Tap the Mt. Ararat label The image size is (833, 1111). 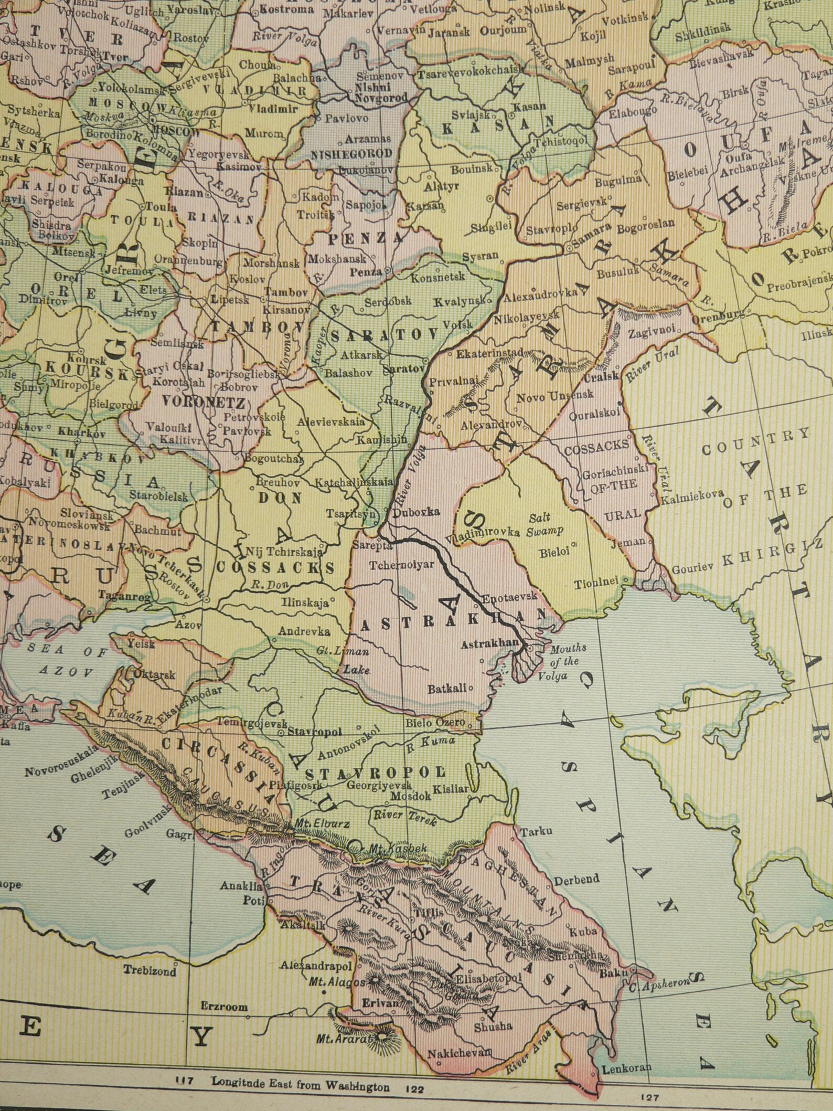[343, 1039]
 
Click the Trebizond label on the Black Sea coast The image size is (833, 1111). [150, 970]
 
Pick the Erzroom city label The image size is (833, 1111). [224, 1007]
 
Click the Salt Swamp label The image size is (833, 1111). [546, 524]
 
